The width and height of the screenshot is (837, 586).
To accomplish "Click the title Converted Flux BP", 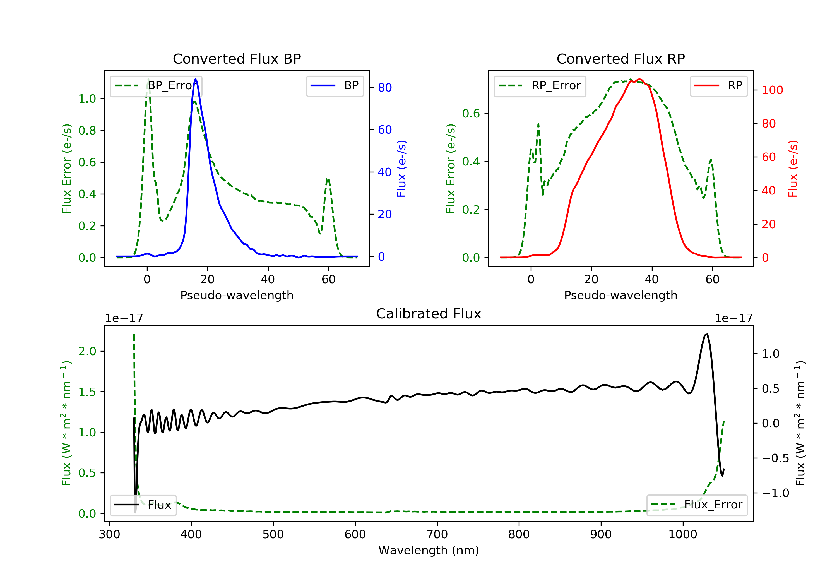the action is pos(237,59).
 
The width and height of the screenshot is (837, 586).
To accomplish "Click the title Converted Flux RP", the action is pos(620,59).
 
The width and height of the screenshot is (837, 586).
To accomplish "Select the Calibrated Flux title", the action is pos(429,314).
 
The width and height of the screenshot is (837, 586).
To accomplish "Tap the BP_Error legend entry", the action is pos(156,86).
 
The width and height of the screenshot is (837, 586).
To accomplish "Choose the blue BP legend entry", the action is pos(335,86).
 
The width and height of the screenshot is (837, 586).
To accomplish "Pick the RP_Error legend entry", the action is pos(540,86).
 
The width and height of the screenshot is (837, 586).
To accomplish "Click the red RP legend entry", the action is pos(718,86).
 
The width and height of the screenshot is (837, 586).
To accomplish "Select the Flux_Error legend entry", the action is pos(697,505).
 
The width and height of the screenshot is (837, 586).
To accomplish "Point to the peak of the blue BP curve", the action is pos(196,79).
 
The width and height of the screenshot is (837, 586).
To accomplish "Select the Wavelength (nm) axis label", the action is pos(429,550).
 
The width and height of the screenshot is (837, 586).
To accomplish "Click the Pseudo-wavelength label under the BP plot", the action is pos(237,295).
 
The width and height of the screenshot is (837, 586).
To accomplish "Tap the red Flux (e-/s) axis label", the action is pos(793,169).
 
